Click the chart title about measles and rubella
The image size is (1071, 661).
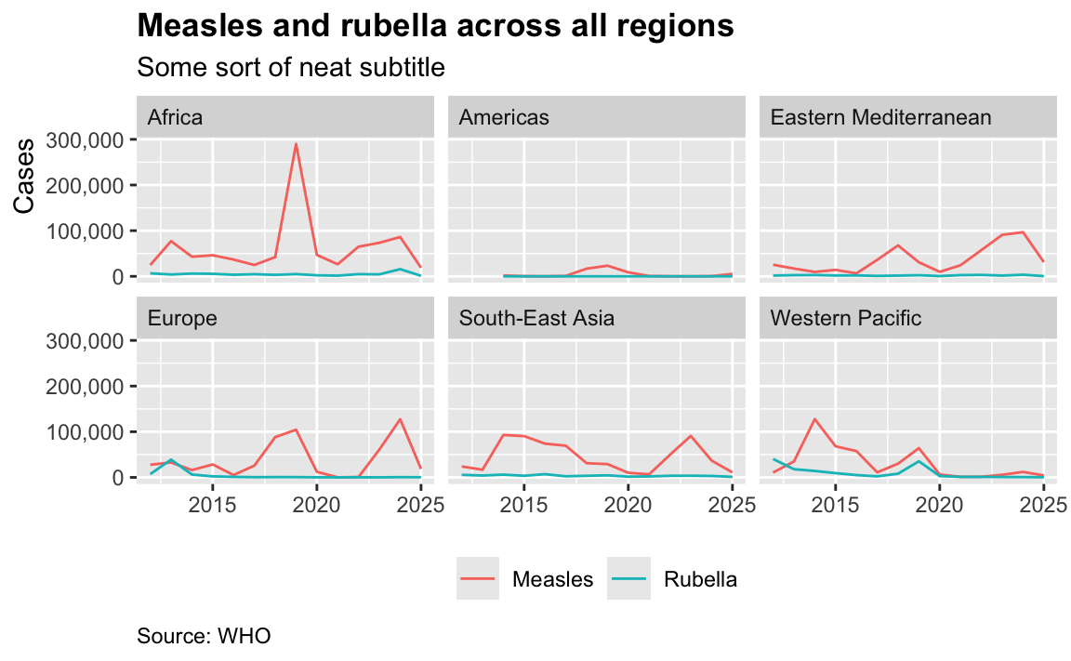click(435, 26)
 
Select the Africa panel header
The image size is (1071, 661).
click(285, 117)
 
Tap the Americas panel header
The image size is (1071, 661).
click(597, 117)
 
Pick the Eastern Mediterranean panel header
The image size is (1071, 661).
click(908, 117)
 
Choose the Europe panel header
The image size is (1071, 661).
click(285, 318)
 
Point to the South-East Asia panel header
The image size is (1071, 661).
click(597, 318)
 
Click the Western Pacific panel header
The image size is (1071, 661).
click(908, 318)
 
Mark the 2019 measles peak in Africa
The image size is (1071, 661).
click(296, 144)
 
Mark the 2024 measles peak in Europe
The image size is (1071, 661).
click(400, 419)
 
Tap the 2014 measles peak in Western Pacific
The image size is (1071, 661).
click(814, 419)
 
